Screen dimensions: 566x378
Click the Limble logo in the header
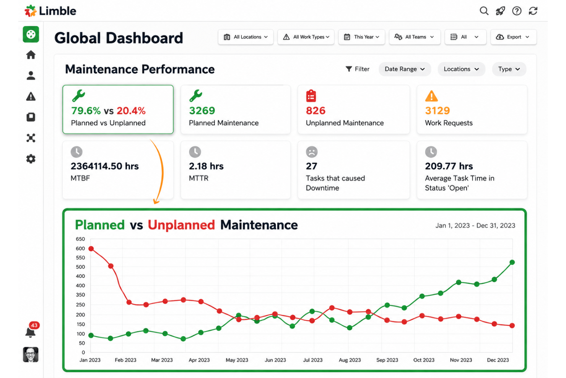pyautogui.click(x=50, y=11)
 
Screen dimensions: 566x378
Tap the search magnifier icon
pyautogui.click(x=484, y=11)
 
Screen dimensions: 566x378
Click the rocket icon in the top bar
pyautogui.click(x=500, y=11)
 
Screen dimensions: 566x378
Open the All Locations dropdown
pyautogui.click(x=246, y=37)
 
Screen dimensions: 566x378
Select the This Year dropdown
pyautogui.click(x=361, y=37)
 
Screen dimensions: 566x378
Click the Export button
pyautogui.click(x=513, y=37)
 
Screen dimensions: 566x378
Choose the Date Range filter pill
pyautogui.click(x=405, y=69)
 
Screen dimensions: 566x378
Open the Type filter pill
pyautogui.click(x=509, y=69)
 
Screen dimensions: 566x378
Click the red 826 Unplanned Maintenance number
pyautogui.click(x=316, y=111)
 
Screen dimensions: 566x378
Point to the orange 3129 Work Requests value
pyautogui.click(x=438, y=111)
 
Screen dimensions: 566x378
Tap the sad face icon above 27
pyautogui.click(x=312, y=152)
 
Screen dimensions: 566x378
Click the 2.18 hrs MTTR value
pyautogui.click(x=206, y=166)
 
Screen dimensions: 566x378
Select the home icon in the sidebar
pyautogui.click(x=31, y=55)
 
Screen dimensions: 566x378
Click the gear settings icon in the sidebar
pyautogui.click(x=31, y=159)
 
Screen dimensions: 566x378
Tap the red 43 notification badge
pyautogui.click(x=34, y=326)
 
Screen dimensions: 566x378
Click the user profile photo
pyautogui.click(x=31, y=355)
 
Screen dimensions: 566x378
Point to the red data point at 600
pyautogui.click(x=91, y=249)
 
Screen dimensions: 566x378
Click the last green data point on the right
pyautogui.click(x=512, y=262)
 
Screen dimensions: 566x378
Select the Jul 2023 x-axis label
pyautogui.click(x=313, y=360)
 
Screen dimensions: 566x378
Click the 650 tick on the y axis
pyautogui.click(x=80, y=239)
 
